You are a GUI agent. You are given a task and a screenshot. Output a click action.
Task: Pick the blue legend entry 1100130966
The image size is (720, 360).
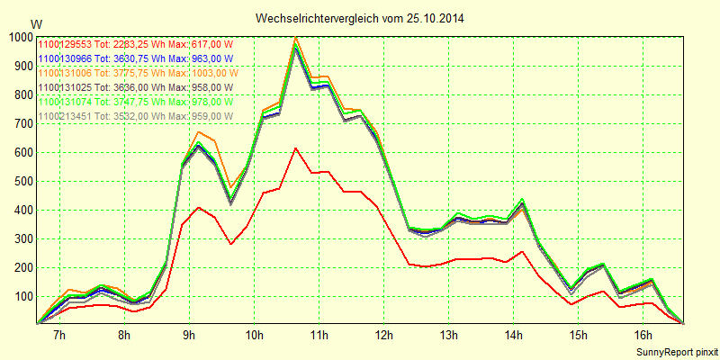(x=136, y=58)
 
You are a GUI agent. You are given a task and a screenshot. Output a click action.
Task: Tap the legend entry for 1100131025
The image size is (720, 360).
(x=136, y=87)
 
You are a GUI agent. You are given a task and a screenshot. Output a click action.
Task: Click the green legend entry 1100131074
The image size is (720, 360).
(x=136, y=102)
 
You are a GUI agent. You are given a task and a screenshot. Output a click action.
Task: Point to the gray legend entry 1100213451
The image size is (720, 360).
(x=136, y=116)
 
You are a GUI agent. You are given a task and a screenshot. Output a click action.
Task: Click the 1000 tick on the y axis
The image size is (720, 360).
(x=20, y=37)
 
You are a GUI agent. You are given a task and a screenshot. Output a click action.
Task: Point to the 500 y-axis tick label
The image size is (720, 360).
(x=22, y=181)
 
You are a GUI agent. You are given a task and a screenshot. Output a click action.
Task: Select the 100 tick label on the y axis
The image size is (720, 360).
(x=22, y=296)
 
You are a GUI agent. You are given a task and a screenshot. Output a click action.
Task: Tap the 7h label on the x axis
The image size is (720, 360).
(x=59, y=336)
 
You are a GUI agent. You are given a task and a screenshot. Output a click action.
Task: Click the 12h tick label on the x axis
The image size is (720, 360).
(x=384, y=336)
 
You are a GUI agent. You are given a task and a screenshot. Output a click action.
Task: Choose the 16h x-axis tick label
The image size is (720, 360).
(x=643, y=336)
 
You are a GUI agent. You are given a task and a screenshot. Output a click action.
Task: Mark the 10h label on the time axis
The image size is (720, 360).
(x=255, y=336)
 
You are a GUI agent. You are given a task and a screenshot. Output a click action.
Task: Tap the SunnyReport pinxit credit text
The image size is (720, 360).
(x=676, y=351)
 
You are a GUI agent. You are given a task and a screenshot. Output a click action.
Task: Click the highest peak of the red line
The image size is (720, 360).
(x=295, y=148)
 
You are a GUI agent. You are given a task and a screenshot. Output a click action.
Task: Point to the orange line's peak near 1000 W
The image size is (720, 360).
(x=295, y=38)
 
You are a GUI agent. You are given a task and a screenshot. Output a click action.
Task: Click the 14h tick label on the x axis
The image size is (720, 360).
(x=514, y=336)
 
